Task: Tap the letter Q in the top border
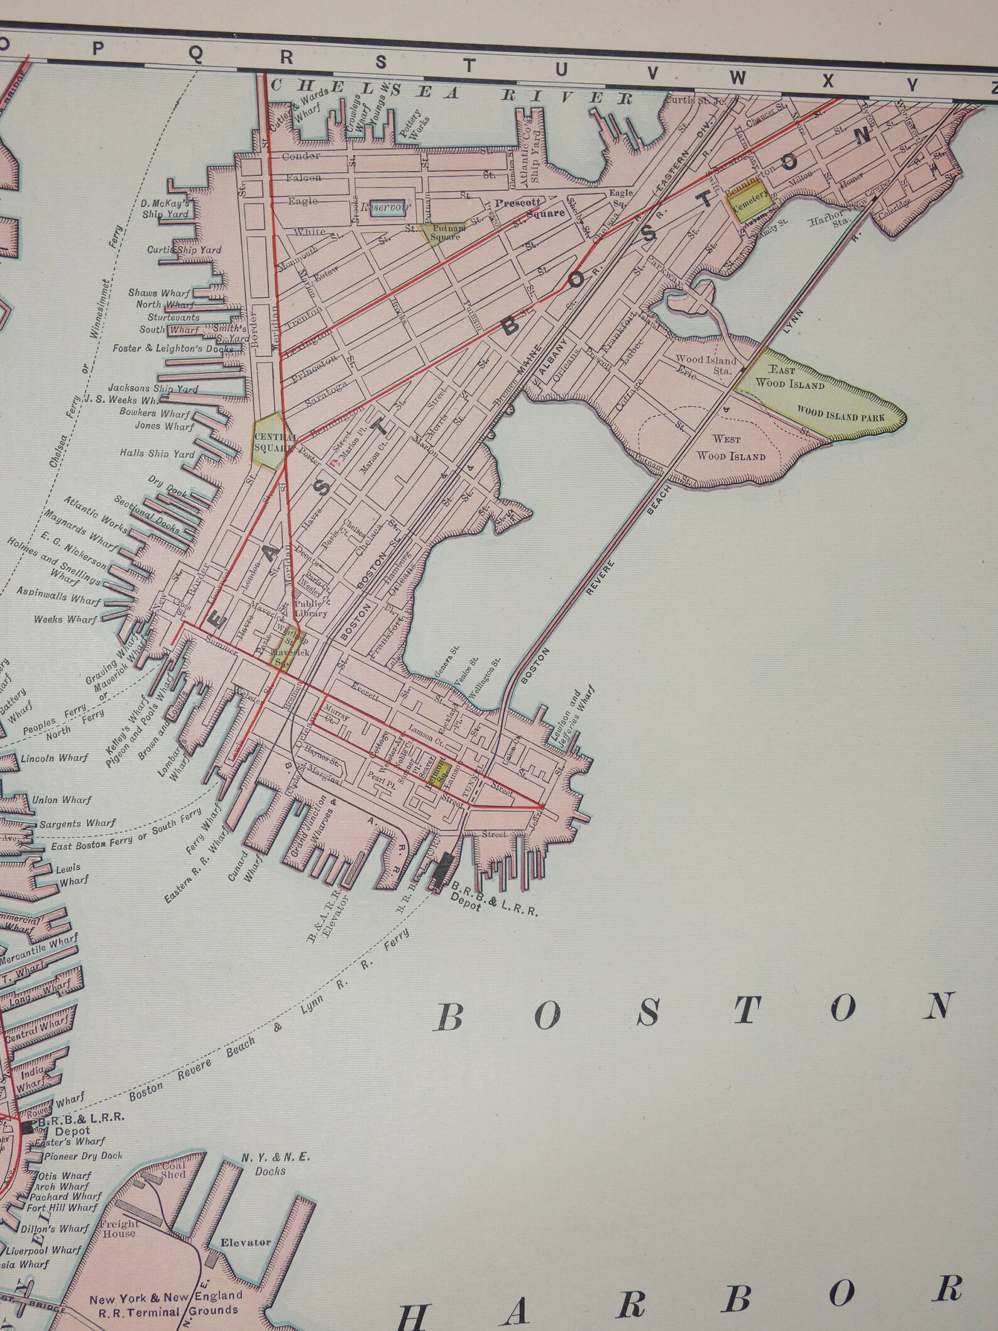[x=196, y=57]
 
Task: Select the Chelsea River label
[x=452, y=92]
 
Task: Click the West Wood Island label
[x=729, y=447]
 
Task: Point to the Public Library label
[x=312, y=608]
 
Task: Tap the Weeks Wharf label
[x=66, y=619]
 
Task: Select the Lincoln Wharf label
[x=55, y=758]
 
